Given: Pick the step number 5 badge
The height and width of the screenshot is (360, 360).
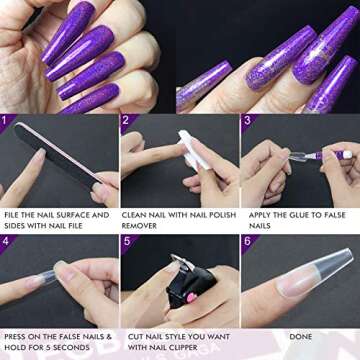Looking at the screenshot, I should [x=126, y=240].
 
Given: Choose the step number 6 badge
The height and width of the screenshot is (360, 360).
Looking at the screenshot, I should [x=246, y=240].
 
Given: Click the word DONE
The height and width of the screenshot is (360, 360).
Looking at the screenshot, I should [x=299, y=335].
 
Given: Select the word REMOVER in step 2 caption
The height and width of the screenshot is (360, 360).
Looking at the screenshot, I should [x=140, y=226].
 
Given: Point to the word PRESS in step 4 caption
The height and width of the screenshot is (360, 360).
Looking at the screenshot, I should [x=17, y=335].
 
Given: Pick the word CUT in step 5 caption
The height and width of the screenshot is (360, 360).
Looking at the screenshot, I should [x=130, y=335].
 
